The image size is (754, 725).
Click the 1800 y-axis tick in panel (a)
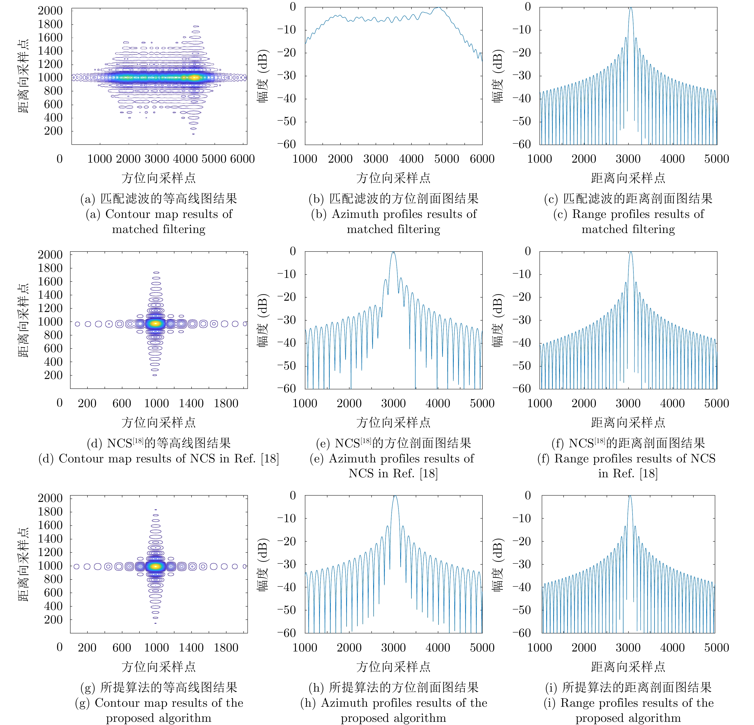point(50,24)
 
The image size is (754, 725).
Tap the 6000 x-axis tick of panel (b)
point(482,159)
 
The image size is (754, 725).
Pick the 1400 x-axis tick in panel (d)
point(191,403)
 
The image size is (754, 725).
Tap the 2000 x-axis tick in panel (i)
point(584,647)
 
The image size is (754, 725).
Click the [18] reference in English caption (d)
point(270,459)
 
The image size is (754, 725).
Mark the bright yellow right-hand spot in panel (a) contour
point(195,77)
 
